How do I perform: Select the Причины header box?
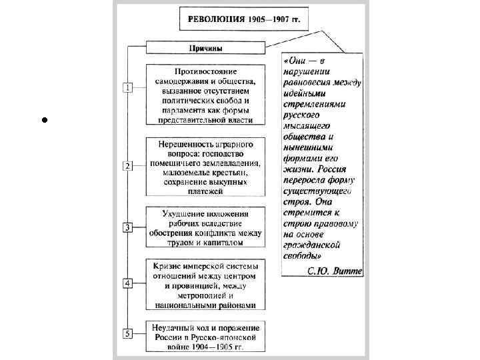click(206, 48)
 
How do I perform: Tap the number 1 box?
click(126, 87)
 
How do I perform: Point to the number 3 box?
click(126, 227)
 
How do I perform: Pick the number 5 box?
click(126, 333)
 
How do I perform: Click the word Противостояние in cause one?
click(205, 71)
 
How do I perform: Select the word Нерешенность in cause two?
click(186, 144)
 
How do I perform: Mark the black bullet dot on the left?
click(41, 121)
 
